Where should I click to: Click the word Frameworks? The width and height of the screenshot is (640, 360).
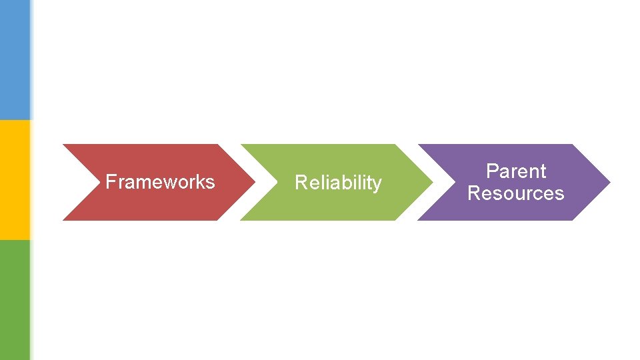tap(160, 181)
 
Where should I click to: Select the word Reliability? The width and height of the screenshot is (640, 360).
tap(338, 182)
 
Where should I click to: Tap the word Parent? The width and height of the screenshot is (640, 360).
tap(516, 171)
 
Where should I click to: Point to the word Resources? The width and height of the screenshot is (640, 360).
tap(515, 193)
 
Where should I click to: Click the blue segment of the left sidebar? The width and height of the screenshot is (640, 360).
tap(15, 60)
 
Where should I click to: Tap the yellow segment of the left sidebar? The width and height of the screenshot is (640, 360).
tap(15, 180)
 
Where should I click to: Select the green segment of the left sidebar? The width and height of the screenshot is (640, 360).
tap(15, 300)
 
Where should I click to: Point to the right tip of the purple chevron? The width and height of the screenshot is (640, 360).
tap(607, 182)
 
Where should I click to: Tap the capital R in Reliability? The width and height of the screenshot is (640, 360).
tap(300, 182)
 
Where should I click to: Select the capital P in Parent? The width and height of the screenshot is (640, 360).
tap(492, 171)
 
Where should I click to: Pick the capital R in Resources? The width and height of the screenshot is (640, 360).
tap(474, 193)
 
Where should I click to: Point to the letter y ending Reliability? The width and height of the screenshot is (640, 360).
tap(377, 184)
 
